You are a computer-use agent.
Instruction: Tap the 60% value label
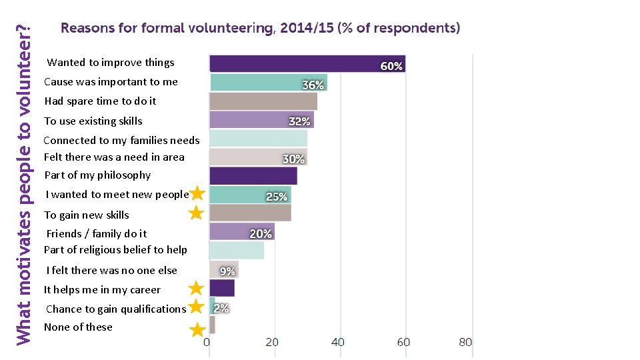391,66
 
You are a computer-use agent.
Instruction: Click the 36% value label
313,85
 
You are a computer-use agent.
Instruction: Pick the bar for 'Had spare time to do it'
263,101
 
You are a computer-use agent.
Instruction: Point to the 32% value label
299,121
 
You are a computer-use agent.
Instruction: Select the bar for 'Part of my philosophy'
253,175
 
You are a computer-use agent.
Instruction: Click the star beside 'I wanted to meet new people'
197,194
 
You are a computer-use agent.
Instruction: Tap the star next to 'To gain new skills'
196,213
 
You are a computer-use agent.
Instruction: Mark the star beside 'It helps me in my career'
196,289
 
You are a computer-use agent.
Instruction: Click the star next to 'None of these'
197,330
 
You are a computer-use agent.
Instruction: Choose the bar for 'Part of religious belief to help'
236,250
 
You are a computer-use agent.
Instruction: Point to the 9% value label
227,271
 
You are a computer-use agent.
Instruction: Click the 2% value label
221,308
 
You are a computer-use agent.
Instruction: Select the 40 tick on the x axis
338,342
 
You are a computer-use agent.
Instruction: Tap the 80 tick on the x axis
465,342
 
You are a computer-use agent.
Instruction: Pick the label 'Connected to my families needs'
121,140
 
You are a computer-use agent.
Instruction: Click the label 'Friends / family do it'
97,233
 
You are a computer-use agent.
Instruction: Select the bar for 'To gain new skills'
250,213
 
